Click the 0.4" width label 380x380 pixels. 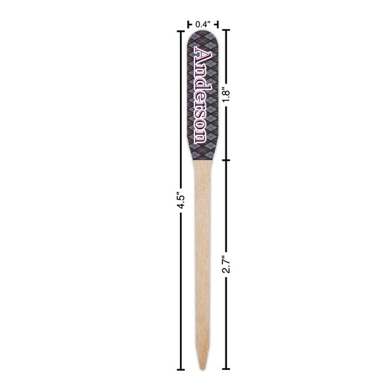[x=203, y=24]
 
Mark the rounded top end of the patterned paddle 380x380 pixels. [x=203, y=34]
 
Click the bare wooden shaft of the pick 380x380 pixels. [x=203, y=253]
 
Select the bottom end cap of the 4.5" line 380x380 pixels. [x=180, y=368]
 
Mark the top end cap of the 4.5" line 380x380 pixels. [x=180, y=30]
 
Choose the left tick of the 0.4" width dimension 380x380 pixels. [x=189, y=24]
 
